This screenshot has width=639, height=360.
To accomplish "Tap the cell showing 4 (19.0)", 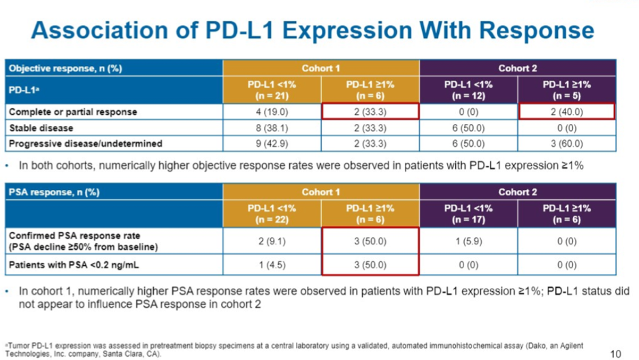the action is tap(272, 112).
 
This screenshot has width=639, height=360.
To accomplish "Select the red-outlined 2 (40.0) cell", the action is tap(566, 112).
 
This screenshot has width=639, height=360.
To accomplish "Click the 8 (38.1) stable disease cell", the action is tap(272, 128).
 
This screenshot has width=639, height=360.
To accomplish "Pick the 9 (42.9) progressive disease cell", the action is tap(272, 144).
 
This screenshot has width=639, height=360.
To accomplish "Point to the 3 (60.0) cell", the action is tap(566, 144).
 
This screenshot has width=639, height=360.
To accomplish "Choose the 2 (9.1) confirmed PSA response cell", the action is tap(272, 242).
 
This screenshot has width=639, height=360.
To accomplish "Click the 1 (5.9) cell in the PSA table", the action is tap(468, 242).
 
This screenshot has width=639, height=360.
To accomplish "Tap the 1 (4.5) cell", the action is tap(272, 265).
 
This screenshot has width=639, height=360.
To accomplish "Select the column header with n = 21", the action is tap(272, 90).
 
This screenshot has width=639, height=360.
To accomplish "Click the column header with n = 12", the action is tap(468, 90).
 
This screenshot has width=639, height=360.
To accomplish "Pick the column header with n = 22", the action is tap(272, 214).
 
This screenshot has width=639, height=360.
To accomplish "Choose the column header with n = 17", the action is tap(468, 214).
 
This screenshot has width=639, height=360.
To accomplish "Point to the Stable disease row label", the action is tap(41, 128).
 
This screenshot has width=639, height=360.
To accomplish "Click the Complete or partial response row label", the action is tap(73, 112).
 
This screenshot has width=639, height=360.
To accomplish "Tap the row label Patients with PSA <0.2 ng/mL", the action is tap(73, 265).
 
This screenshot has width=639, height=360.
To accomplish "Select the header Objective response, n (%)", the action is tap(65, 68).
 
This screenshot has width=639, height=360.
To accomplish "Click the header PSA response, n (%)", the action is tap(54, 192).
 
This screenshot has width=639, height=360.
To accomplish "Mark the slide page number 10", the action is tap(615, 354).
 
